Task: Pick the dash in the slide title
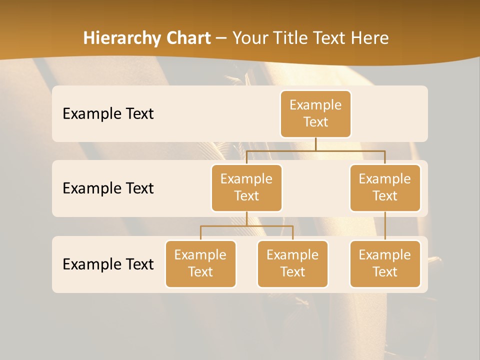[221, 38]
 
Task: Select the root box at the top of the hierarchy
[315, 114]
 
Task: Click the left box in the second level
[246, 188]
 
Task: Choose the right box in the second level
[385, 188]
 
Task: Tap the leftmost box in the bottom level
[200, 264]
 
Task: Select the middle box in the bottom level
[292, 264]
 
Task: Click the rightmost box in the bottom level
[385, 264]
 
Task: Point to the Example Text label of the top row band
[108, 114]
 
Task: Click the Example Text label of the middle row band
[108, 188]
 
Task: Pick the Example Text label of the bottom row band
[108, 264]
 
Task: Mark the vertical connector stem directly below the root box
[315, 144]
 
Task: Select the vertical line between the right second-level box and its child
[385, 226]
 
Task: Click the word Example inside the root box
[315, 105]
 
